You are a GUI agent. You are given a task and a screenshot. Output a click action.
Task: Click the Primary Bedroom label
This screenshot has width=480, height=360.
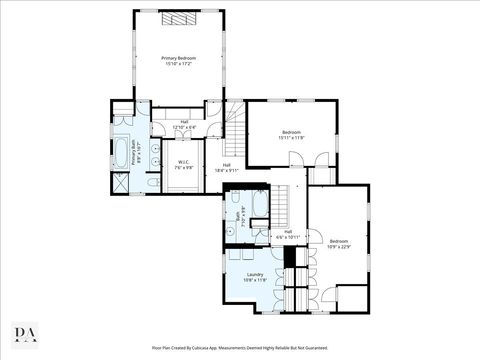pyautogui.click(x=179, y=59)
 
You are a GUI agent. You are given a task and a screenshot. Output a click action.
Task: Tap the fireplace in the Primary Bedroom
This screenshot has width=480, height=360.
pyautogui.click(x=179, y=19)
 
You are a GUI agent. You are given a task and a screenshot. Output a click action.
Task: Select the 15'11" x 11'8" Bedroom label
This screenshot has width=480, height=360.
pyautogui.click(x=291, y=133)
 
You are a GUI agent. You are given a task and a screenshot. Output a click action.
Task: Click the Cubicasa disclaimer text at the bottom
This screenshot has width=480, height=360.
pyautogui.click(x=239, y=347)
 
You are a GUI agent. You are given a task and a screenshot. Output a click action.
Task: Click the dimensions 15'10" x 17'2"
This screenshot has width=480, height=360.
pyautogui.click(x=179, y=64)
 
